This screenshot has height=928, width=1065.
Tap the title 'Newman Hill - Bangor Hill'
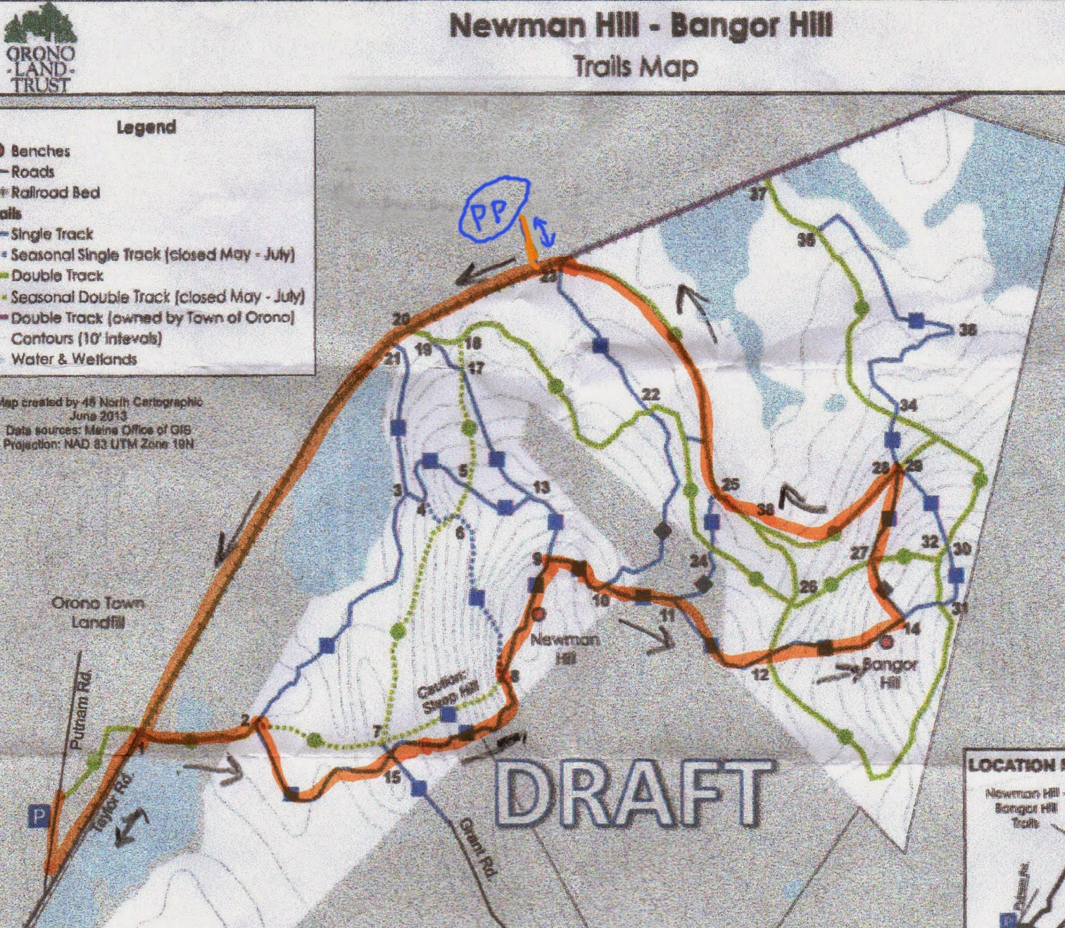click(641, 27)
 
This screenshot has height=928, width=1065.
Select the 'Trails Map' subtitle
click(636, 67)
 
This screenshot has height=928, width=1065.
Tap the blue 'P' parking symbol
click(39, 816)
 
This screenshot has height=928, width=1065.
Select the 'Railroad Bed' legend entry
click(55, 192)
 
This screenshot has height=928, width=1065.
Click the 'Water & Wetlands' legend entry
click(73, 359)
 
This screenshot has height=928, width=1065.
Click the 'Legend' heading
click(146, 126)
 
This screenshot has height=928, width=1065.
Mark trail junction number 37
click(757, 194)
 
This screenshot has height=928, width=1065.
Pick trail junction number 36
click(967, 330)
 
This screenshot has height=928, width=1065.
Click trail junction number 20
click(401, 320)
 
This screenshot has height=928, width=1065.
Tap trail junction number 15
click(393, 776)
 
